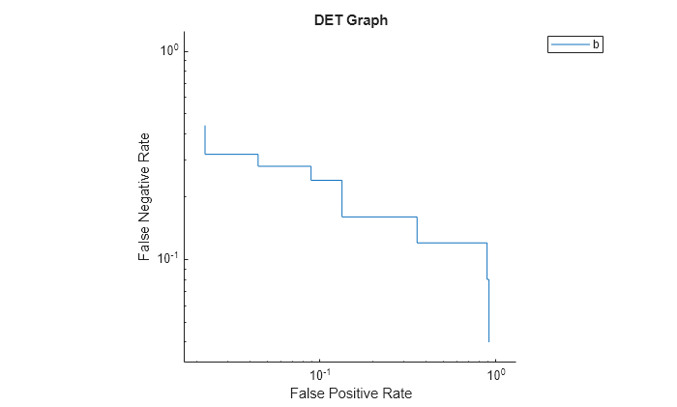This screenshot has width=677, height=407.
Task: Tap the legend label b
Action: pos(596,44)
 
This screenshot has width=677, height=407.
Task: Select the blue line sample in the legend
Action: pos(571,44)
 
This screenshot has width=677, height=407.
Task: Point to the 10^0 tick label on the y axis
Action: pos(167,50)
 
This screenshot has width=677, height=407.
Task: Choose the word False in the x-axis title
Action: pos(309,393)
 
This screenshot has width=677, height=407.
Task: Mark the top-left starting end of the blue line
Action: pos(205,126)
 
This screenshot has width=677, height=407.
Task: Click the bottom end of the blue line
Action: pos(489,341)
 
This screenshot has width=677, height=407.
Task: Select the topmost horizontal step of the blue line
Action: pos(231,154)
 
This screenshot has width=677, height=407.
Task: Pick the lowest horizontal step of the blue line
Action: pos(452,243)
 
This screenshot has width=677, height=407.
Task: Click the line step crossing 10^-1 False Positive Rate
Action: pos(326,180)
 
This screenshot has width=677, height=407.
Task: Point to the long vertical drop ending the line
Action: pos(489,309)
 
